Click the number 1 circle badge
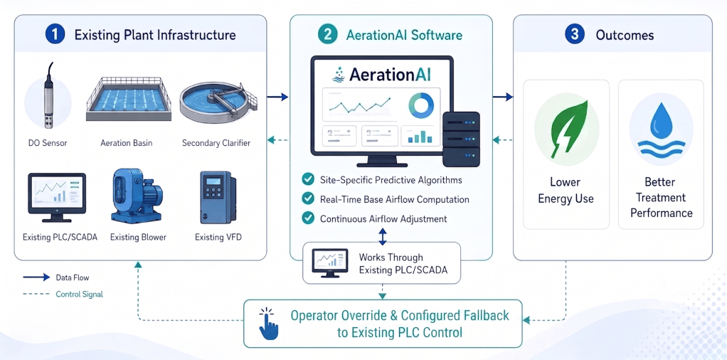(55, 35)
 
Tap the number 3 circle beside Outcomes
(575, 35)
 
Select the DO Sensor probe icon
(48, 95)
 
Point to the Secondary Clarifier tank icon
(218, 102)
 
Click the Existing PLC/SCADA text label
(60, 238)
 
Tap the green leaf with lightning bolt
(567, 129)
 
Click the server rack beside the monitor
(461, 139)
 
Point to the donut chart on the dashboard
(421, 105)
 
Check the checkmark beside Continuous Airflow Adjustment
(307, 218)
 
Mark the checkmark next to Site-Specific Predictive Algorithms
(307, 179)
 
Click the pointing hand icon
(268, 324)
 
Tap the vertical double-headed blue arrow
(383, 237)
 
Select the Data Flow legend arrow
(36, 277)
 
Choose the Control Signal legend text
(79, 294)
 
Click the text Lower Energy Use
(566, 190)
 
